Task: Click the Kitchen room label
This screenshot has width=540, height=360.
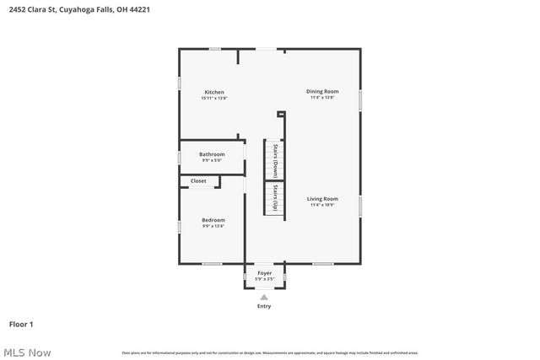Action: pos(214,92)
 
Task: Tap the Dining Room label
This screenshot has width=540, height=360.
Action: pos(322,91)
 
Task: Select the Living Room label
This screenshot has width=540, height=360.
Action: pos(323,199)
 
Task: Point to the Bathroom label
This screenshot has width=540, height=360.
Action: pos(212,154)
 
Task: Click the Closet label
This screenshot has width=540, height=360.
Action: pos(198,180)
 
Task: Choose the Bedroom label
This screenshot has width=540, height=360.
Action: pos(213,220)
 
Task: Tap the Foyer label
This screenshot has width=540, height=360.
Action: pos(265,273)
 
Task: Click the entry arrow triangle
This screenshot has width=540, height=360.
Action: pos(264,297)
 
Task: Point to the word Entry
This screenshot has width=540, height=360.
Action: pos(264,306)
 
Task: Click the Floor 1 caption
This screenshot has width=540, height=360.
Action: pos(21,324)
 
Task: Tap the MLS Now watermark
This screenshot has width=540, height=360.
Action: pos(26,352)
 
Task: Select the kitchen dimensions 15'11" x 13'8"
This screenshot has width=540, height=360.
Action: pos(214,98)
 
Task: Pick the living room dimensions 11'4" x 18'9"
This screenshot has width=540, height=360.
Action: pos(323,205)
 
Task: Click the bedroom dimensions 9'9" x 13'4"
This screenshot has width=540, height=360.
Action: pos(213,226)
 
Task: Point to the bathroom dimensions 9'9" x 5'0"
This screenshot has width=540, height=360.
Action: pos(212,160)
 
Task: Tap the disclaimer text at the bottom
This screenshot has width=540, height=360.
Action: pos(269,352)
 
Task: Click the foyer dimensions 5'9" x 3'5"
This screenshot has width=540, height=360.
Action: pos(265,278)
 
